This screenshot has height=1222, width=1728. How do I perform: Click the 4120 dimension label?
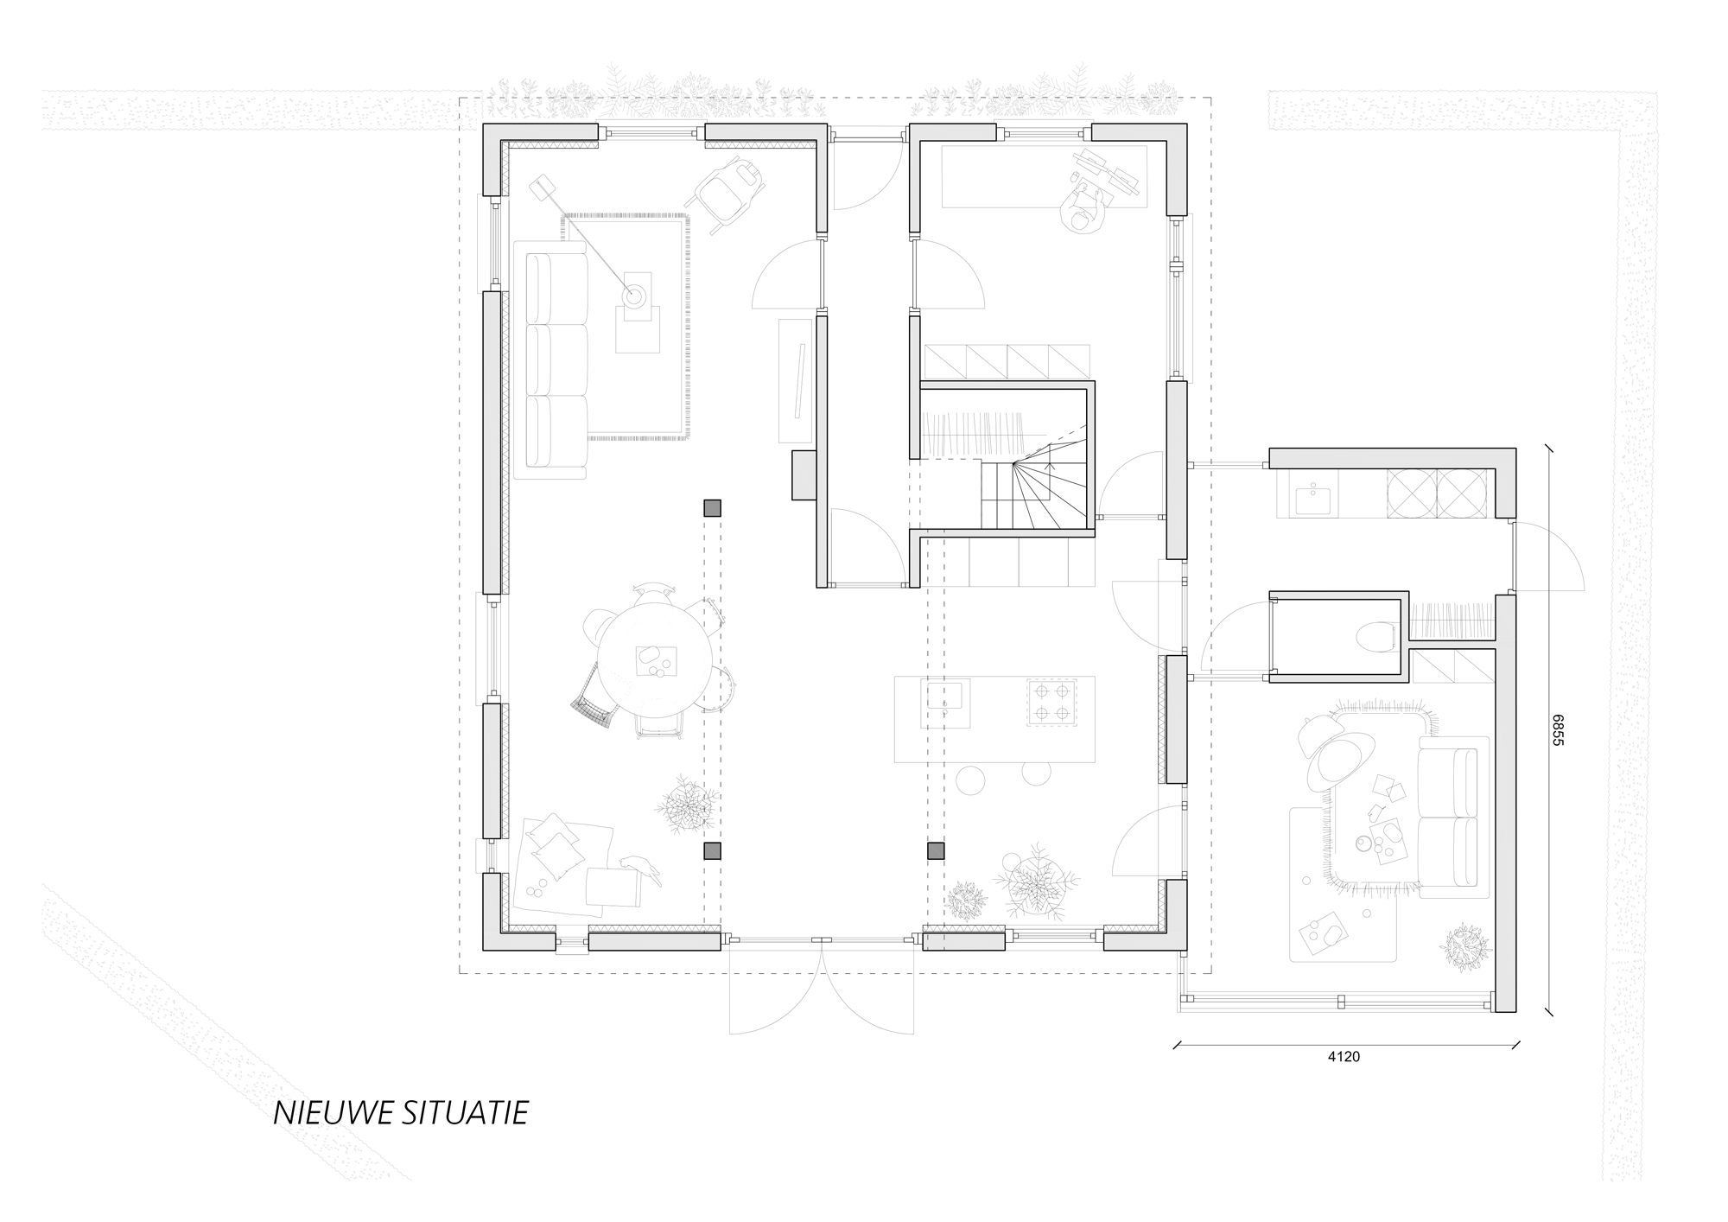click(1345, 1056)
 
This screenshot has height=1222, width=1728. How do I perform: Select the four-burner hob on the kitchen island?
click(1049, 702)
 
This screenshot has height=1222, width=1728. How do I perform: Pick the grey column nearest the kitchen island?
click(936, 851)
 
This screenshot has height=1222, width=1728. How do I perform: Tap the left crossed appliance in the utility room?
click(1411, 495)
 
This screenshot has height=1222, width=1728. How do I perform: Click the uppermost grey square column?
click(712, 508)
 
